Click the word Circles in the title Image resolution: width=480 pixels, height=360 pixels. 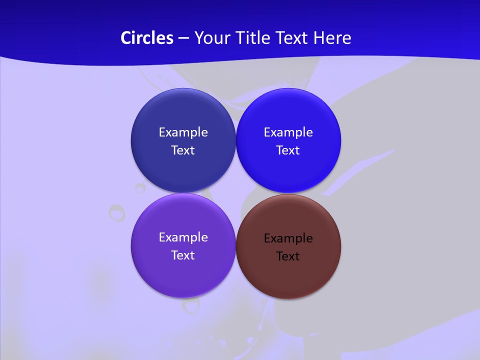pos(146,38)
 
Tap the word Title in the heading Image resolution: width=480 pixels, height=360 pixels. pos(254,38)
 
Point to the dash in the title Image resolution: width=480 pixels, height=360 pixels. pos(183,38)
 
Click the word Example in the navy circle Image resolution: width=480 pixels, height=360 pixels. pos(183,132)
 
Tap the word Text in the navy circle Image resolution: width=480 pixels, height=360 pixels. pos(183,150)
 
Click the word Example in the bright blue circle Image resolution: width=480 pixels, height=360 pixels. pos(288,132)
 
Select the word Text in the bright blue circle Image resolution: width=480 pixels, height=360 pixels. pos(288,150)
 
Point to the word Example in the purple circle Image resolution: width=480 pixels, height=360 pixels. pos(183,237)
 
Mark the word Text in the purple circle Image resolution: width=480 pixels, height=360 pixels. pos(183,255)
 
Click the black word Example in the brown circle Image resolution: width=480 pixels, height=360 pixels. pos(288,238)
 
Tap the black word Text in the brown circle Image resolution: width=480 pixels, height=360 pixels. pos(288,256)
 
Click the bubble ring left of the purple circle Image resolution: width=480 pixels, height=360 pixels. pos(117,212)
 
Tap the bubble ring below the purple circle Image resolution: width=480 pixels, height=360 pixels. pos(190,305)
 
